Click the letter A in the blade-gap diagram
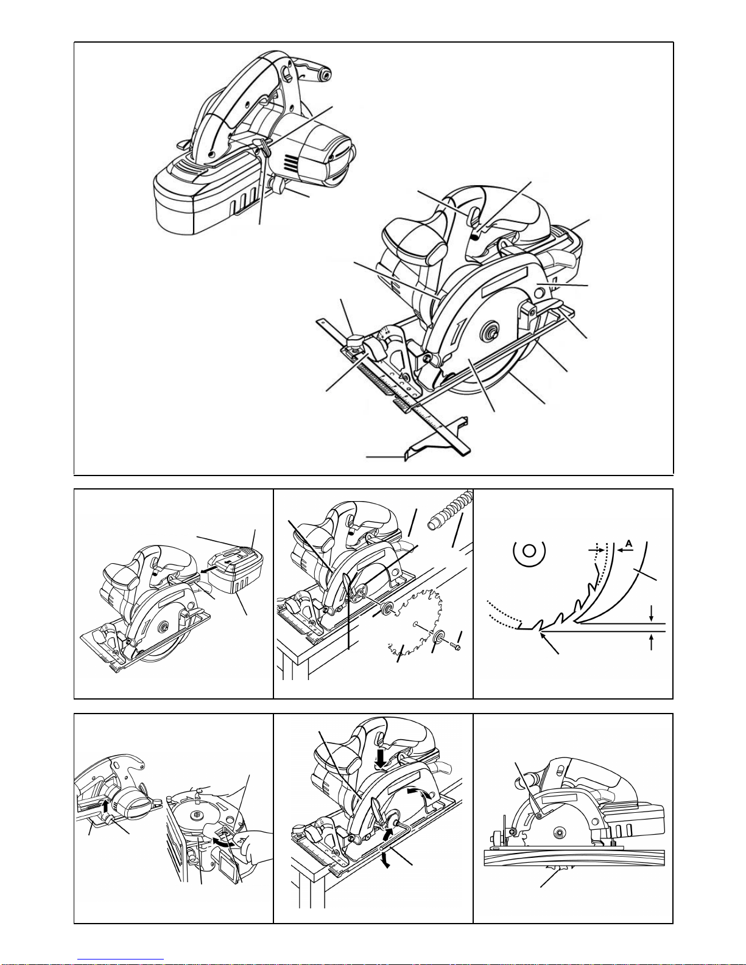(x=629, y=543)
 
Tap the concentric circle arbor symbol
(x=529, y=551)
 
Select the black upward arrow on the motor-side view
(x=105, y=805)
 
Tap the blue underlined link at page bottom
(x=121, y=960)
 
